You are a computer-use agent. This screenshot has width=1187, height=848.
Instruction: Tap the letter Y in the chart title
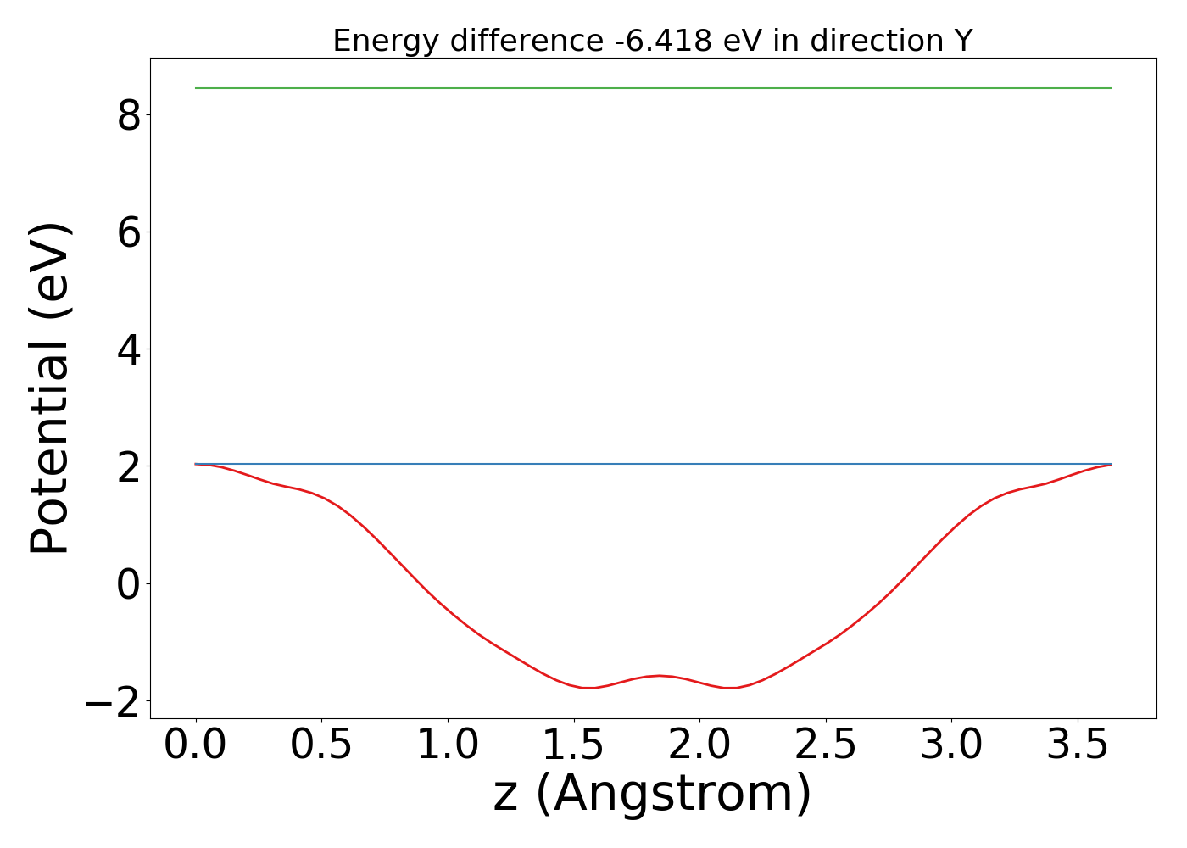[961, 41]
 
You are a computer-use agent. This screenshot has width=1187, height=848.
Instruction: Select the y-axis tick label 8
[129, 115]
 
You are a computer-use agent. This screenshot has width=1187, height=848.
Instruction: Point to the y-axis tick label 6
[129, 232]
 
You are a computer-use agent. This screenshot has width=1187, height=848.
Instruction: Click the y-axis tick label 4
[129, 349]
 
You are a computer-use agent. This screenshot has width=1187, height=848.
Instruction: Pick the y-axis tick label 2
[129, 466]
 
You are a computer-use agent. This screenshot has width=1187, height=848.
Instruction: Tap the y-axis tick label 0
[129, 584]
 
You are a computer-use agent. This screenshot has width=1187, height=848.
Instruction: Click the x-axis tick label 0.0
[196, 745]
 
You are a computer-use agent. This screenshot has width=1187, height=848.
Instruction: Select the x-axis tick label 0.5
[321, 745]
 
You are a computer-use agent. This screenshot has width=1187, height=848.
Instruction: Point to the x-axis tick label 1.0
[448, 745]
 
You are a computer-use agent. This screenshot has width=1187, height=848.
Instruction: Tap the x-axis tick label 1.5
[573, 745]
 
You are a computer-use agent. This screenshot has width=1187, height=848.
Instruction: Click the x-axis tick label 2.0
[699, 745]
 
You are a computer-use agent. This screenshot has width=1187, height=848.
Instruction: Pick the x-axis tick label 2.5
[825, 745]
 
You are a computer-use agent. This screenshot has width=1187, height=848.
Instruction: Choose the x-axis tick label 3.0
[951, 745]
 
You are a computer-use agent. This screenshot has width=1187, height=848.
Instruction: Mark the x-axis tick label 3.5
[1077, 745]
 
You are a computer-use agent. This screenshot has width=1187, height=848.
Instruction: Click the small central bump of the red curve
[660, 676]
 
